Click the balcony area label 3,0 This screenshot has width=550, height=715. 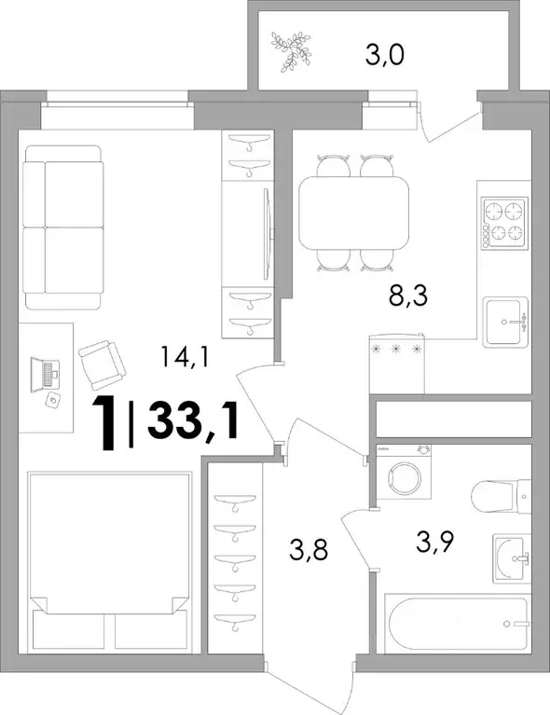click(x=384, y=57)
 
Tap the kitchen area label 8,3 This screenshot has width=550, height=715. click(x=407, y=296)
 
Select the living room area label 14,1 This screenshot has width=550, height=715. click(x=185, y=357)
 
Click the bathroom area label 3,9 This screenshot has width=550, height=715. click(x=434, y=542)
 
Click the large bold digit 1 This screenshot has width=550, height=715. click(x=105, y=422)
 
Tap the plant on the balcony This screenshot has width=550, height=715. click(x=291, y=51)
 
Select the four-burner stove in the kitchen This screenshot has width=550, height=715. click(x=504, y=224)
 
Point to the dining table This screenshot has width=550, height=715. click(x=354, y=213)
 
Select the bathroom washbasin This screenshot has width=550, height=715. click(x=512, y=558)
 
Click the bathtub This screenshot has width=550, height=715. click(x=458, y=624)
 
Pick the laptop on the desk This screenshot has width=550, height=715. click(x=44, y=375)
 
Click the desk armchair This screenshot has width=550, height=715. click(x=102, y=364)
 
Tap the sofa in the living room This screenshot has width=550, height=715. click(x=63, y=227)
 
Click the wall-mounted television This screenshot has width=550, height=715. click(x=268, y=233)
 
